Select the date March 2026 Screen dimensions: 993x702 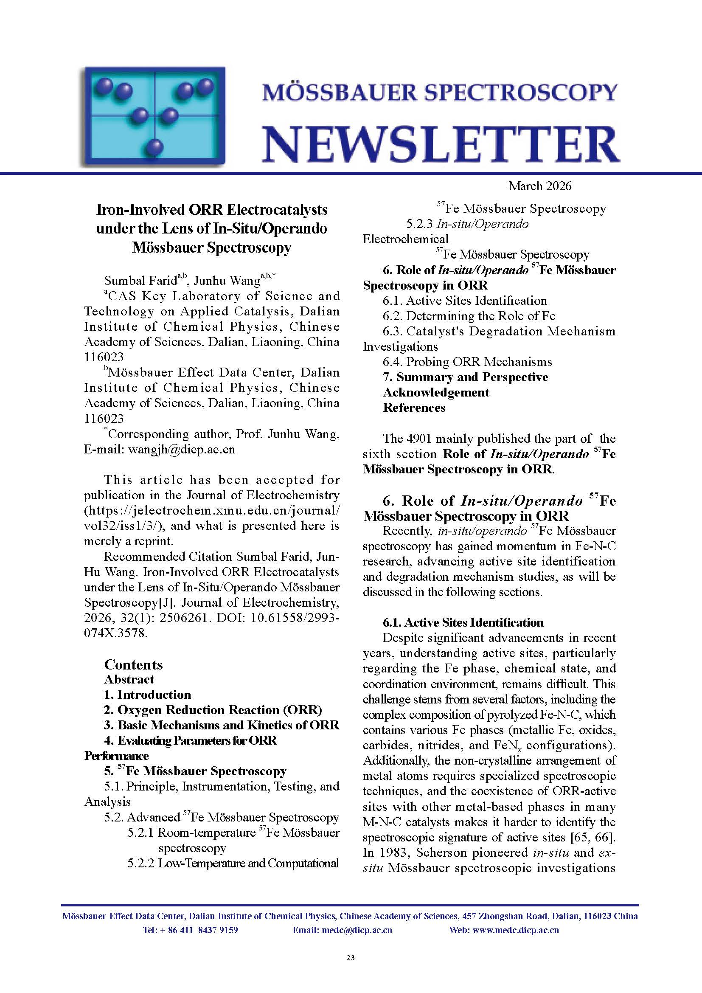539,186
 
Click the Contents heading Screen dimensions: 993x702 133,664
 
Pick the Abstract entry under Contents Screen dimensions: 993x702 129,679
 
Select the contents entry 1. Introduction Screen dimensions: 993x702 147,695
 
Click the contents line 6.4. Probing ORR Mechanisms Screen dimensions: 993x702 467,362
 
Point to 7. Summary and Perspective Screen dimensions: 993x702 465,377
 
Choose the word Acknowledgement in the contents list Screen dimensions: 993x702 436,392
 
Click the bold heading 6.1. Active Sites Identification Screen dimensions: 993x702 463,622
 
